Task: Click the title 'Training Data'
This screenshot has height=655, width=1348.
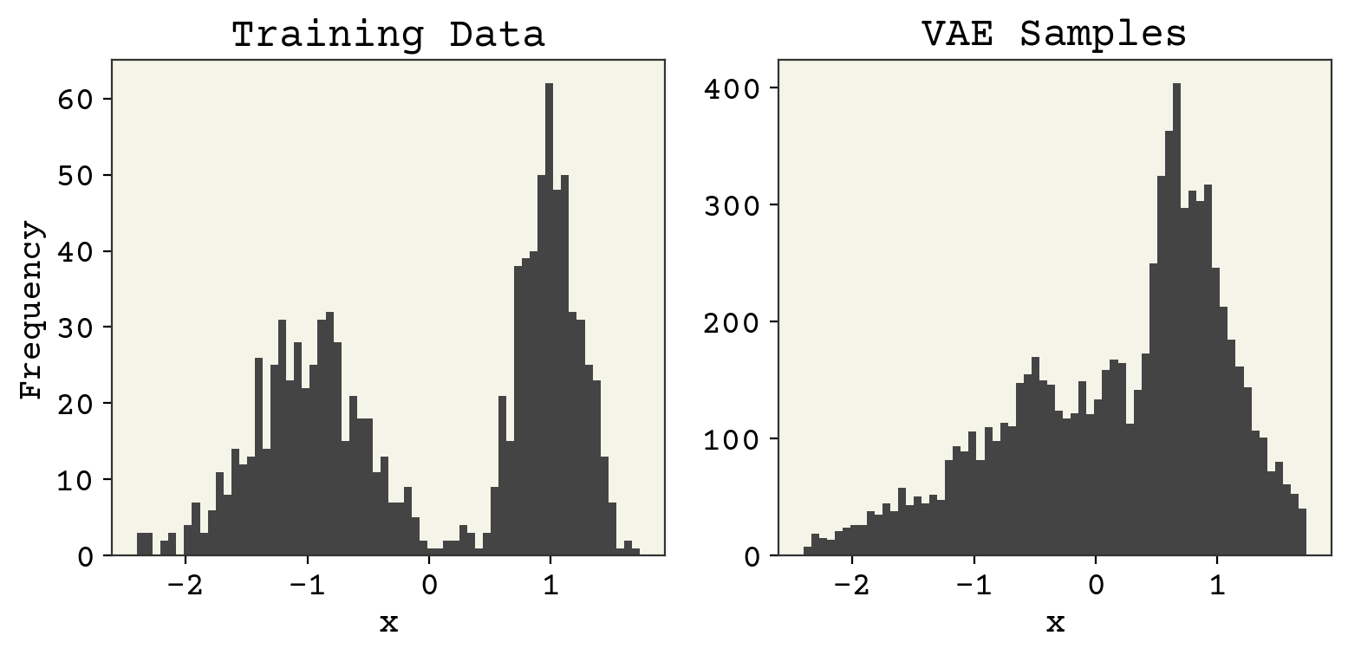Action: [387, 35]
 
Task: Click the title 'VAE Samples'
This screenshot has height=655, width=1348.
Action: [1053, 35]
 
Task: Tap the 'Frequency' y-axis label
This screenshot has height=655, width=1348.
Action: [31, 309]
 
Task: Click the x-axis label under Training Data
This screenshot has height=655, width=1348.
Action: [387, 622]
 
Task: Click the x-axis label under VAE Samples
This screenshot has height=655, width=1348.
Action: [1054, 622]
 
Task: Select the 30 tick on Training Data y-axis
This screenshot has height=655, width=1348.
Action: [78, 327]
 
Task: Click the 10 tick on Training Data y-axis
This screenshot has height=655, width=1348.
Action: [78, 480]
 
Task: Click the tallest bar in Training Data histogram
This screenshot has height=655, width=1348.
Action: [549, 321]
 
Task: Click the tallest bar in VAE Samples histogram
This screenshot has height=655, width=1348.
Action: [1176, 321]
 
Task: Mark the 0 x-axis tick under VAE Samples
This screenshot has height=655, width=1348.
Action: [1096, 583]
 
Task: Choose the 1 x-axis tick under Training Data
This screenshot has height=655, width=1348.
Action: [550, 583]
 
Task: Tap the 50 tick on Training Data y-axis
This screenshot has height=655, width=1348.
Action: [78, 175]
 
